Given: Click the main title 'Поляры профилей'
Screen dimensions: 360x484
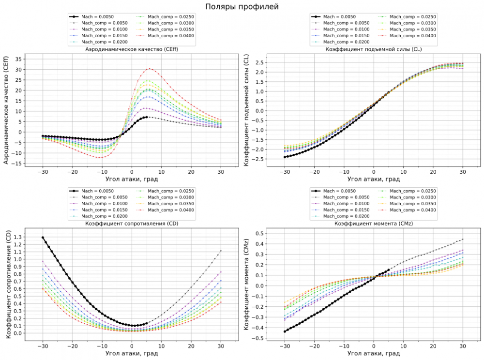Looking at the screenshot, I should (x=242, y=7).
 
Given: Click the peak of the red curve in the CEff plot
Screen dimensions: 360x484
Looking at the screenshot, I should (x=150, y=69).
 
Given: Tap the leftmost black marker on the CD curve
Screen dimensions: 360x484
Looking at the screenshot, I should (x=43, y=238).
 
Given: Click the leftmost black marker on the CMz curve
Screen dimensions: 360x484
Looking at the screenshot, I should (x=285, y=331).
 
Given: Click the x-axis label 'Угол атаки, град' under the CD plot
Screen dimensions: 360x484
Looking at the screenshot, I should (x=132, y=353).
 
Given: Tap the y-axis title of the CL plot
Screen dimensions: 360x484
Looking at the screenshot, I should (x=247, y=111).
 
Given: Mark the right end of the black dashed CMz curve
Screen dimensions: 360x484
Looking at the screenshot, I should (x=462, y=239).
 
